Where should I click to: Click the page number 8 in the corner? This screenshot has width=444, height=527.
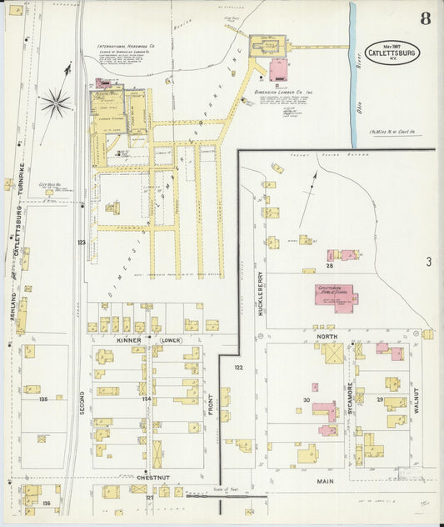425,18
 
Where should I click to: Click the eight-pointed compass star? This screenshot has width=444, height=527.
55,103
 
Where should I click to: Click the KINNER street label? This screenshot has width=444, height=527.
129,340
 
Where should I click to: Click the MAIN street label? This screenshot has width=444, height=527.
325,482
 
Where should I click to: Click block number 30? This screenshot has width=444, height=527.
306,401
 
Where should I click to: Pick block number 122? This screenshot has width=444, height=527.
238,367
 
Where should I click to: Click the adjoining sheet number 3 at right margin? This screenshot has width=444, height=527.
427,262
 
